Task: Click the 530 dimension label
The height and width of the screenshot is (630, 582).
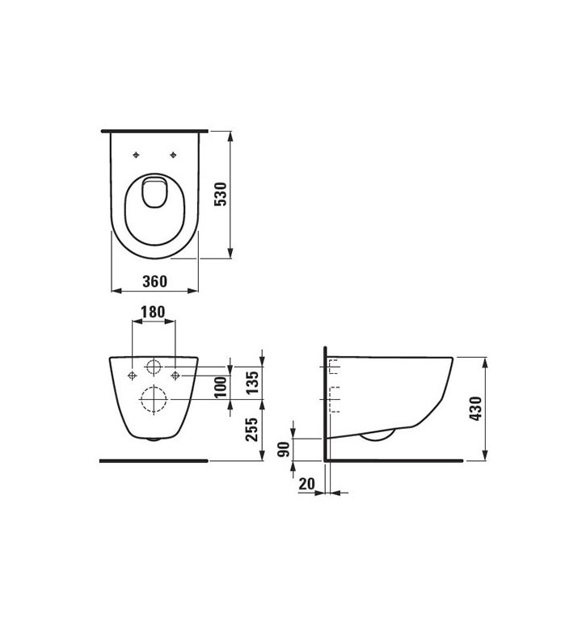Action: [x=221, y=194]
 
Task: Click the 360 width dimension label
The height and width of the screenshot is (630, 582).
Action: [x=155, y=281]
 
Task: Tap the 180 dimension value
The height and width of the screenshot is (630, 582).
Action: [x=153, y=312]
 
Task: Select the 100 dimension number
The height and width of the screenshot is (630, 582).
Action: [x=221, y=387]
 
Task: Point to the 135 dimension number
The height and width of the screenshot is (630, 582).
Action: [x=252, y=383]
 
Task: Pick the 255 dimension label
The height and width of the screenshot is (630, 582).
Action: [x=252, y=430]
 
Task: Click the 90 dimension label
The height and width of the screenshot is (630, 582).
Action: [x=284, y=449]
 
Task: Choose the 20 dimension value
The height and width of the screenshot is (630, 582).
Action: [x=306, y=484]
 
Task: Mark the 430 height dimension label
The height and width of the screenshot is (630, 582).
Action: [x=475, y=409]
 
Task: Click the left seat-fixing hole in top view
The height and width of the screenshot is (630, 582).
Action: [x=136, y=155]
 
